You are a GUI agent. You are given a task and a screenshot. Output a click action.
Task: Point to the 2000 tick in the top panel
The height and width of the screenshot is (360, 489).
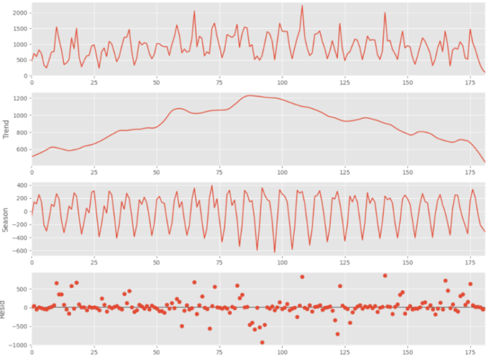point(19,13)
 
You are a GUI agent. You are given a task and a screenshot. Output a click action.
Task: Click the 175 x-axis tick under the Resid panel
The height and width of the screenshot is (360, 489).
point(470,351)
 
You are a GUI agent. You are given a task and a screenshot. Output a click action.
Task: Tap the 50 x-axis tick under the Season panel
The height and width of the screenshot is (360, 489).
point(156,262)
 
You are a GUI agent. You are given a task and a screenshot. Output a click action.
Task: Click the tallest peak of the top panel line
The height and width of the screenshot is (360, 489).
point(302,6)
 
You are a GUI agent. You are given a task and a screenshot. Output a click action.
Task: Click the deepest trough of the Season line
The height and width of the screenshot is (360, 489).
point(275,252)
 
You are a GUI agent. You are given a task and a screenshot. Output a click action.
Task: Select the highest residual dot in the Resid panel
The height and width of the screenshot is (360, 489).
point(385,275)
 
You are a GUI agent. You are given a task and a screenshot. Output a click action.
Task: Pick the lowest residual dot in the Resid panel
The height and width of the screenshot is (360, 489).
point(262,342)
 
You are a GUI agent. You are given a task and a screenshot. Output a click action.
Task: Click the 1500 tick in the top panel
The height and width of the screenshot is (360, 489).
point(19,29)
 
